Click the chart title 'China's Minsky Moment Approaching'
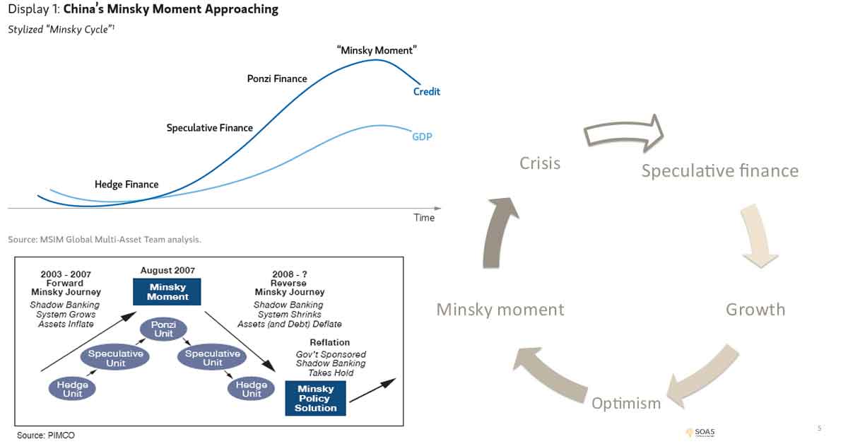170,10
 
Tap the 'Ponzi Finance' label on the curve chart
277,78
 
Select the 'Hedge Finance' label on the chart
126,185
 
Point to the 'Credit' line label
426,92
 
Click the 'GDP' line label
422,136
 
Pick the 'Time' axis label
424,218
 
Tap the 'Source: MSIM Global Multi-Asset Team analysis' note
105,240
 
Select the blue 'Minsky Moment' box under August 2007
167,292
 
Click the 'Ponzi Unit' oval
163,329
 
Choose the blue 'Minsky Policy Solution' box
315,399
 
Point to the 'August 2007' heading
167,270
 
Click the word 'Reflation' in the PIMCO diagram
330,343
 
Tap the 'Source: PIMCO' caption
45,436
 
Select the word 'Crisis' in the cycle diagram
540,163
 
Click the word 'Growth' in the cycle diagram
755,310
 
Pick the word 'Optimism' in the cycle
626,403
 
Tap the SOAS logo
700,432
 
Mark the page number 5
819,428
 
